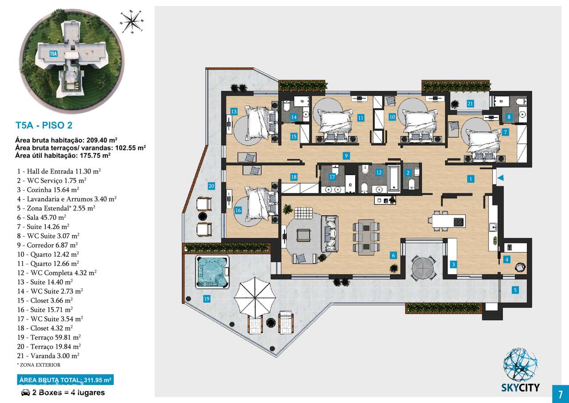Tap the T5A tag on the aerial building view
[x=53, y=54]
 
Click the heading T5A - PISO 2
[x=43, y=125]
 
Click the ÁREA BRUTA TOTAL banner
[x=65, y=380]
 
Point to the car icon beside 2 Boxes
[x=25, y=393]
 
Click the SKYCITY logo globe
[x=521, y=365]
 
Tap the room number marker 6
[x=393, y=255]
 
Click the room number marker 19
[x=207, y=299]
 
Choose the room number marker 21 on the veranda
[x=470, y=104]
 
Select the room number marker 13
[x=233, y=111]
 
